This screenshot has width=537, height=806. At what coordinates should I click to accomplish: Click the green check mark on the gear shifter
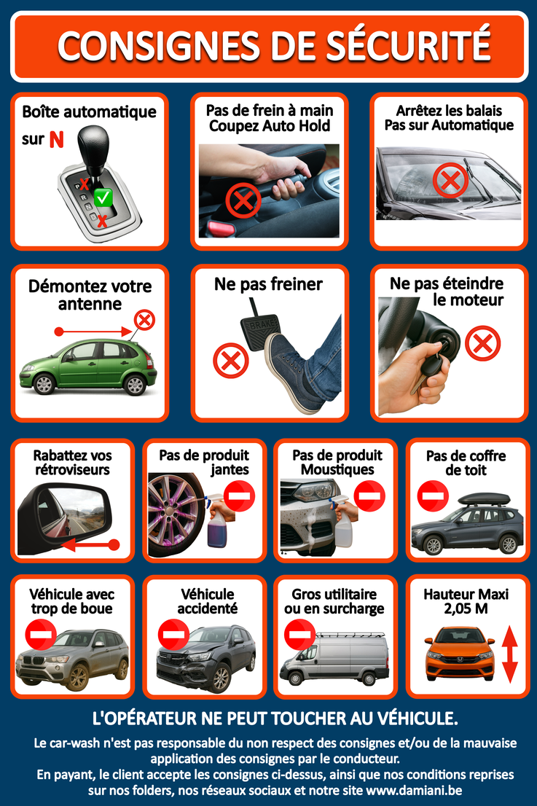[x=103, y=197]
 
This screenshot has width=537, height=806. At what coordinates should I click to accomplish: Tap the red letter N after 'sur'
[x=57, y=139]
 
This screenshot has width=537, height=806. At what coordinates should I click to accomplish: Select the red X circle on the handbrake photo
[x=243, y=200]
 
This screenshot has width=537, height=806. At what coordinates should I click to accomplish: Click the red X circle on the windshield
[x=450, y=180]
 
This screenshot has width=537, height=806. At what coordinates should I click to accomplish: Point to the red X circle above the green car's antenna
[x=144, y=320]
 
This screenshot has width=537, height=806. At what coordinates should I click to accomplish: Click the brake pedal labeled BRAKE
[x=260, y=331]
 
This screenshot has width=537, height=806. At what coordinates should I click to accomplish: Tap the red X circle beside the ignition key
[x=482, y=343]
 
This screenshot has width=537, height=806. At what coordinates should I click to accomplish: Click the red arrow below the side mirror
[x=90, y=544]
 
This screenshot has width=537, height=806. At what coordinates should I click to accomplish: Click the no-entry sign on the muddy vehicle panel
[x=41, y=635]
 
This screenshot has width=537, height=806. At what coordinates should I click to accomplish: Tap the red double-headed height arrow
[x=509, y=654]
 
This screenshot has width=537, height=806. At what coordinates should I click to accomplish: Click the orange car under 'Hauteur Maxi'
[x=460, y=653]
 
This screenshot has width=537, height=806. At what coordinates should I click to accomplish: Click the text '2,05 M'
[x=466, y=609]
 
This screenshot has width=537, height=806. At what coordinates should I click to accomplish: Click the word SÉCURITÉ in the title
[x=409, y=46]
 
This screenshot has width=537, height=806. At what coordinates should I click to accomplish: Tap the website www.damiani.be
[x=414, y=790]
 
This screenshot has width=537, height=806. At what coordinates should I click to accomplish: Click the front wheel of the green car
[x=44, y=383]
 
